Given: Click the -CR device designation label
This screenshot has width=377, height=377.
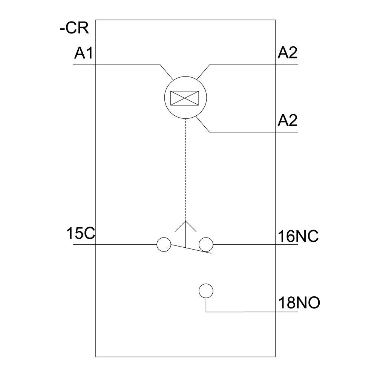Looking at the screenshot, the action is click(74, 28).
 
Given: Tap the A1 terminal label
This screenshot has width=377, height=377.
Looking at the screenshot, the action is click(83, 53).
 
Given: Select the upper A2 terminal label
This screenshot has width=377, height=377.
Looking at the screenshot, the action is click(288, 53).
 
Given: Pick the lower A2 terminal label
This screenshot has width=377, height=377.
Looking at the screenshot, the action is click(288, 120).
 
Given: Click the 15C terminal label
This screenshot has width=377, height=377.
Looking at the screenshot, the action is click(81, 233).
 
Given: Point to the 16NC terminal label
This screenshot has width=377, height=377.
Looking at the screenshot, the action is click(298, 236).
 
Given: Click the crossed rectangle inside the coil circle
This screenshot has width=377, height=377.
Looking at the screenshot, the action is click(185, 98).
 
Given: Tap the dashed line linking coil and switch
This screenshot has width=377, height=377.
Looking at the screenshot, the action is click(185, 170).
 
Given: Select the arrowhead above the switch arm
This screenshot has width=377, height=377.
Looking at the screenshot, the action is click(185, 226).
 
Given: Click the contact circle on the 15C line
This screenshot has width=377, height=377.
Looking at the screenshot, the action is click(164, 245).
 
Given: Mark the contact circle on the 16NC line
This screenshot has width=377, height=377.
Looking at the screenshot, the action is click(206, 245).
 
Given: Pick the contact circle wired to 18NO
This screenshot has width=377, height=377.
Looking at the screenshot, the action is click(206, 291).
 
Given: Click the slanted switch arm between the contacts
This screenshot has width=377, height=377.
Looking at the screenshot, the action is click(191, 249).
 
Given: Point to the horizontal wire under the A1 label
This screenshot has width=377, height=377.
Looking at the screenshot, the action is click(116, 65).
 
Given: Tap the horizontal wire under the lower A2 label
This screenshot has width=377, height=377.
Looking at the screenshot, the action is click(254, 132).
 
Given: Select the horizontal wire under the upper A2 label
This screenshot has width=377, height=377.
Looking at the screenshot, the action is click(254, 65).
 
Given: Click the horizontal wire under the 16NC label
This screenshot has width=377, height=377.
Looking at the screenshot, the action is click(256, 245).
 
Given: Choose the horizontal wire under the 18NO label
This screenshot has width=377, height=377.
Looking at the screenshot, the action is click(252, 312).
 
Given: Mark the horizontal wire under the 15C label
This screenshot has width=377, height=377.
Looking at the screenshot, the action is click(115, 245).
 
